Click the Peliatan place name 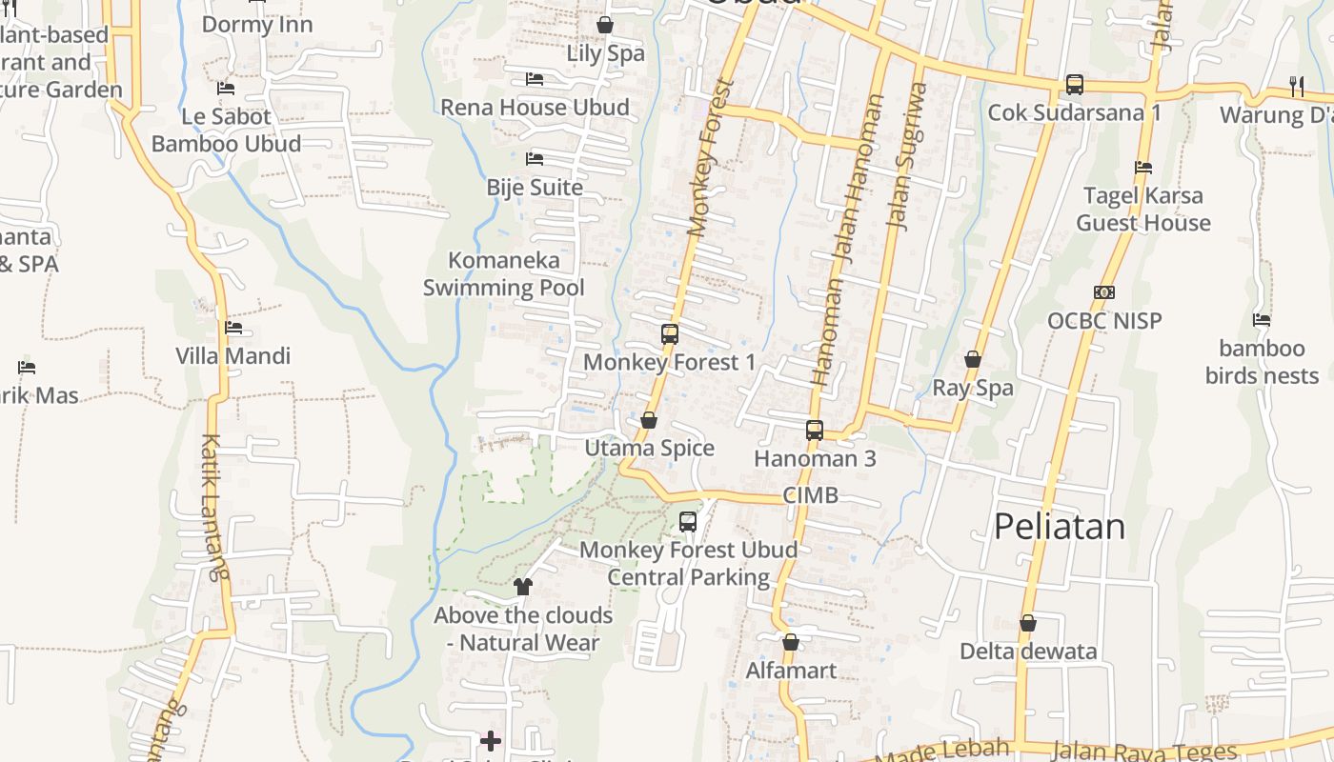coord(1059,527)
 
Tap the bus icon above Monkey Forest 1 coord(670,334)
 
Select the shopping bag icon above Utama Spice coord(649,420)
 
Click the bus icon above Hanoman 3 coord(815,431)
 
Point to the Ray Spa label coord(972,388)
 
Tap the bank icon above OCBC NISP coord(1104,292)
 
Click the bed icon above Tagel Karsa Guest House coord(1143,168)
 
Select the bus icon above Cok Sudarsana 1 coord(1074,85)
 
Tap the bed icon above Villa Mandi coord(233,328)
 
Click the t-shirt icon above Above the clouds coord(522,587)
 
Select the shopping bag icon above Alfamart coord(791,642)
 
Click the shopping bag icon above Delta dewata coord(1027,624)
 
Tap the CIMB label coord(810,495)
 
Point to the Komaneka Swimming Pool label coord(503,273)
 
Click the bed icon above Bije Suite coord(535,158)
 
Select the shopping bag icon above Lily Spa coord(604,25)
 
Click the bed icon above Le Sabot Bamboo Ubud coord(226,89)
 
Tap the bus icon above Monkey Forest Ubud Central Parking coord(688,521)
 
